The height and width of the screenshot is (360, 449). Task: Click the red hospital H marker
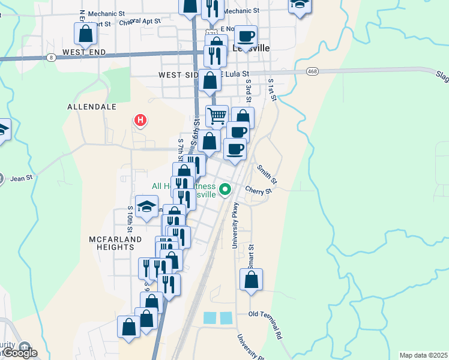[x=140, y=121]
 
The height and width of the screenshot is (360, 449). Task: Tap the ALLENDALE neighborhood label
[x=92, y=106]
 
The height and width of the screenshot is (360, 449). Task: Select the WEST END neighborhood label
[x=84, y=53]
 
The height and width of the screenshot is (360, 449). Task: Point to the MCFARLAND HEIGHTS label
[x=115, y=243]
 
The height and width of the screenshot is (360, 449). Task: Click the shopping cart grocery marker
[x=217, y=115]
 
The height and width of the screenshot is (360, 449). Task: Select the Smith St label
[x=267, y=173]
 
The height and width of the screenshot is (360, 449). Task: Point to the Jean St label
[x=21, y=178]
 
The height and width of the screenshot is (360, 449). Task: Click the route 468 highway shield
[x=311, y=71]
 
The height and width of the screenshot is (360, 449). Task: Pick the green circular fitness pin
[x=225, y=190]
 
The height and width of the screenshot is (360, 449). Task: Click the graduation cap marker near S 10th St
[x=146, y=207]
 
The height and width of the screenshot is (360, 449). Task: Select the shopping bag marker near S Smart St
[x=251, y=280]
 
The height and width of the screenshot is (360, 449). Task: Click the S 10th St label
[x=130, y=220]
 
